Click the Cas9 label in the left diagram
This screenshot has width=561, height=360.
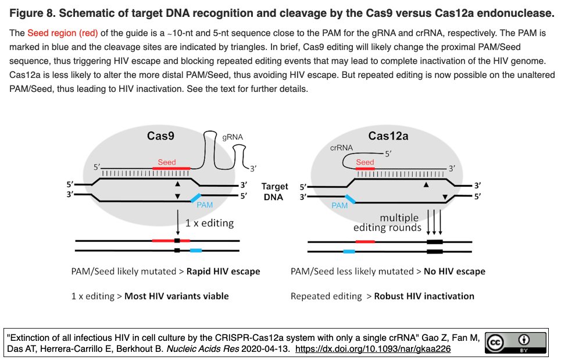(x=161, y=136)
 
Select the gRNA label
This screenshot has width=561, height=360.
(x=233, y=137)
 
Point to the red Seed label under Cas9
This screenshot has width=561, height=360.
(x=167, y=162)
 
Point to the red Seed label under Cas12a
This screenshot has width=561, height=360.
(x=365, y=162)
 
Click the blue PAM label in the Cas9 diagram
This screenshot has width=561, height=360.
(x=205, y=205)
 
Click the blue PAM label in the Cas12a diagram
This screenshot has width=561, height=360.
(x=340, y=205)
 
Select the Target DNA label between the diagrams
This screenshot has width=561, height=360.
(x=274, y=191)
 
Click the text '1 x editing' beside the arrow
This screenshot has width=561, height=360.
(x=209, y=223)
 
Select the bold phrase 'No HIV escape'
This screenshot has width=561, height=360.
(x=455, y=271)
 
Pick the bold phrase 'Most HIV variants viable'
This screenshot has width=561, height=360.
(x=177, y=296)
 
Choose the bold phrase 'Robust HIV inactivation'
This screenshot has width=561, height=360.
(x=424, y=296)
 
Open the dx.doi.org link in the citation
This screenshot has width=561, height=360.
(x=373, y=349)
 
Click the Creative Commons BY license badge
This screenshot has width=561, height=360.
(x=516, y=343)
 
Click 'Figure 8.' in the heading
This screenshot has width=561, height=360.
(x=34, y=12)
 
